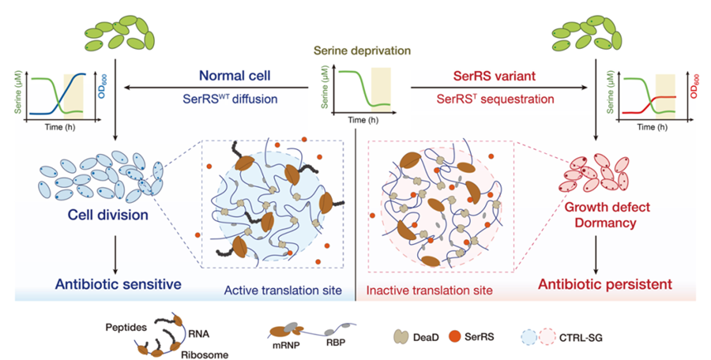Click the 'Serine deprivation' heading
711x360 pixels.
358,51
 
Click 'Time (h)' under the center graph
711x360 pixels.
358,120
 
